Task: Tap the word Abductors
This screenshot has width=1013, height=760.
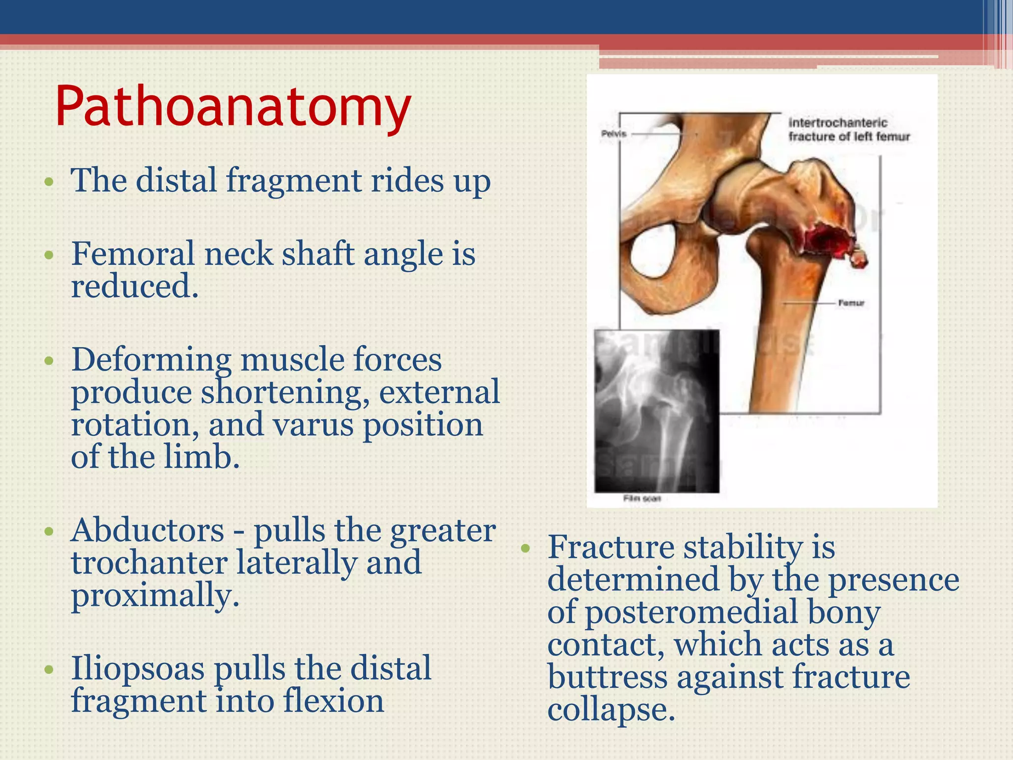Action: coord(147,530)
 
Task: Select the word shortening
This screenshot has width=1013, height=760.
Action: coord(285,392)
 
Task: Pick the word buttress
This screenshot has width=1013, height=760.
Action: coord(607,677)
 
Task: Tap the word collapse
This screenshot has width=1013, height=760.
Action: coord(611,710)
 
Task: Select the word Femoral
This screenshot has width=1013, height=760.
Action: coord(133,254)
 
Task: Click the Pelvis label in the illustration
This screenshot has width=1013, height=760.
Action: coord(614,134)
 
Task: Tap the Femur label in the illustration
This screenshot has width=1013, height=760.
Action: coord(851,302)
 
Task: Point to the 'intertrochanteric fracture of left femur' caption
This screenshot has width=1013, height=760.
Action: coord(848,130)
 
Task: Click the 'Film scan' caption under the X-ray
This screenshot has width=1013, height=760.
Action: coord(642,499)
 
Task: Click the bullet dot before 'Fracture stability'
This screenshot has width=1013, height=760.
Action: coord(525,548)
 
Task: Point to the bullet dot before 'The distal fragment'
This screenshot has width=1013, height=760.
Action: coord(48,181)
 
